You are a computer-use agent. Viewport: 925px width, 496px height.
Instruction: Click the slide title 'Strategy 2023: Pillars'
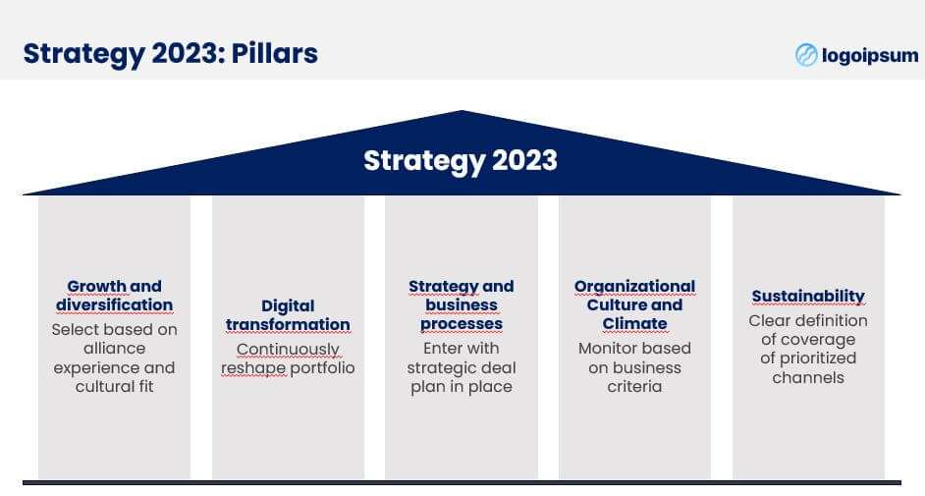(171, 54)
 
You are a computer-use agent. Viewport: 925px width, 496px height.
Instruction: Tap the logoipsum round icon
(806, 55)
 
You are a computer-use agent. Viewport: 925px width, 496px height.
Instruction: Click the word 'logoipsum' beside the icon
(870, 55)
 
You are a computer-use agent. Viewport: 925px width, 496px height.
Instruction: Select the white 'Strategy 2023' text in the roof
(461, 160)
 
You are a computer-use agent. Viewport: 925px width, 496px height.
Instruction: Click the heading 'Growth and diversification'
(115, 296)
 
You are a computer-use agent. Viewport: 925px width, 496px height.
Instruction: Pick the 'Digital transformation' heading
(288, 315)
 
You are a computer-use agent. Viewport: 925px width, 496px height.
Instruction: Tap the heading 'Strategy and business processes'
(462, 304)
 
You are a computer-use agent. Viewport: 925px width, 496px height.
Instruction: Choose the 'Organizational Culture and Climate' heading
(634, 304)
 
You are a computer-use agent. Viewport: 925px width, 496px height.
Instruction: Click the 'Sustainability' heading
(808, 296)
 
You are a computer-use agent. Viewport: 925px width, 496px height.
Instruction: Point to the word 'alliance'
(115, 349)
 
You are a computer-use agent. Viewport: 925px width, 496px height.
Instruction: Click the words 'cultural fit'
(115, 387)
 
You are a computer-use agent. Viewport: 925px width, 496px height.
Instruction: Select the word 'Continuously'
(288, 350)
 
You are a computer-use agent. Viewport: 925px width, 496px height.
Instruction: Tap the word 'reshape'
(253, 368)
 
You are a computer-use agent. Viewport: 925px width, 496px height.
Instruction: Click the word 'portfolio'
(323, 368)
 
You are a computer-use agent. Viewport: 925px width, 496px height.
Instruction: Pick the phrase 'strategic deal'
(462, 368)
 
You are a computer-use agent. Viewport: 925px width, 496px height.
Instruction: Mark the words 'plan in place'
(462, 387)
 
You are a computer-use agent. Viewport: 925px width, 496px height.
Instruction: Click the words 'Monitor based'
(634, 349)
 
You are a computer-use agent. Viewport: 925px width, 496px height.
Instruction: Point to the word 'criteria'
(634, 387)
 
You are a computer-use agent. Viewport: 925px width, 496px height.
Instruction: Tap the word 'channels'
(808, 378)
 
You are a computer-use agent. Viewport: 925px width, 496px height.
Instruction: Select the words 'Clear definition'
(808, 321)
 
